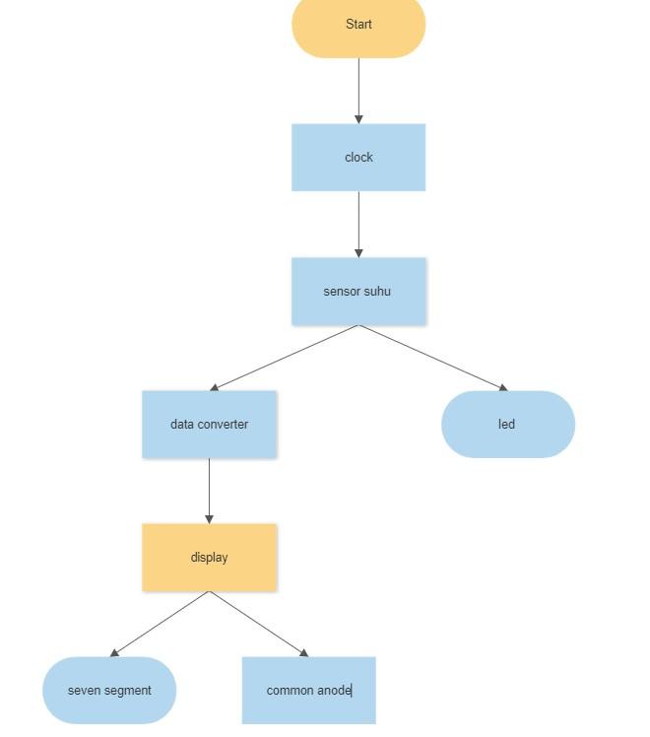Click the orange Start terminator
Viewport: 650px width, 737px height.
coord(358,25)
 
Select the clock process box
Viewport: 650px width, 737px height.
coord(358,158)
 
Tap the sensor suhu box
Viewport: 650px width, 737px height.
coord(358,292)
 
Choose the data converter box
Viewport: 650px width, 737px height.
coord(209,425)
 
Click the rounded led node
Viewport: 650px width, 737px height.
coord(507,425)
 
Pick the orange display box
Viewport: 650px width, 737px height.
coord(209,558)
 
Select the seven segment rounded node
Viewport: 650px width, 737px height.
coord(109,691)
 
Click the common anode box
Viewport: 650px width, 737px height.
coord(308,691)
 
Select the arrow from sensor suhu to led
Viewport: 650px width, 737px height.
coord(433,358)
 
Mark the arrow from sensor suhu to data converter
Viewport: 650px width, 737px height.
coord(285,358)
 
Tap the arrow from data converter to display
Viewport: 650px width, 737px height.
coord(209,490)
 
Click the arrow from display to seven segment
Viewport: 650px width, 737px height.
coord(161,624)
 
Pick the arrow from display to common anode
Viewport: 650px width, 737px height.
coord(258,624)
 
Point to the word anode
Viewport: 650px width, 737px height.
coord(333,691)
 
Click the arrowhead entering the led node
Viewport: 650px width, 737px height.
coord(503,388)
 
